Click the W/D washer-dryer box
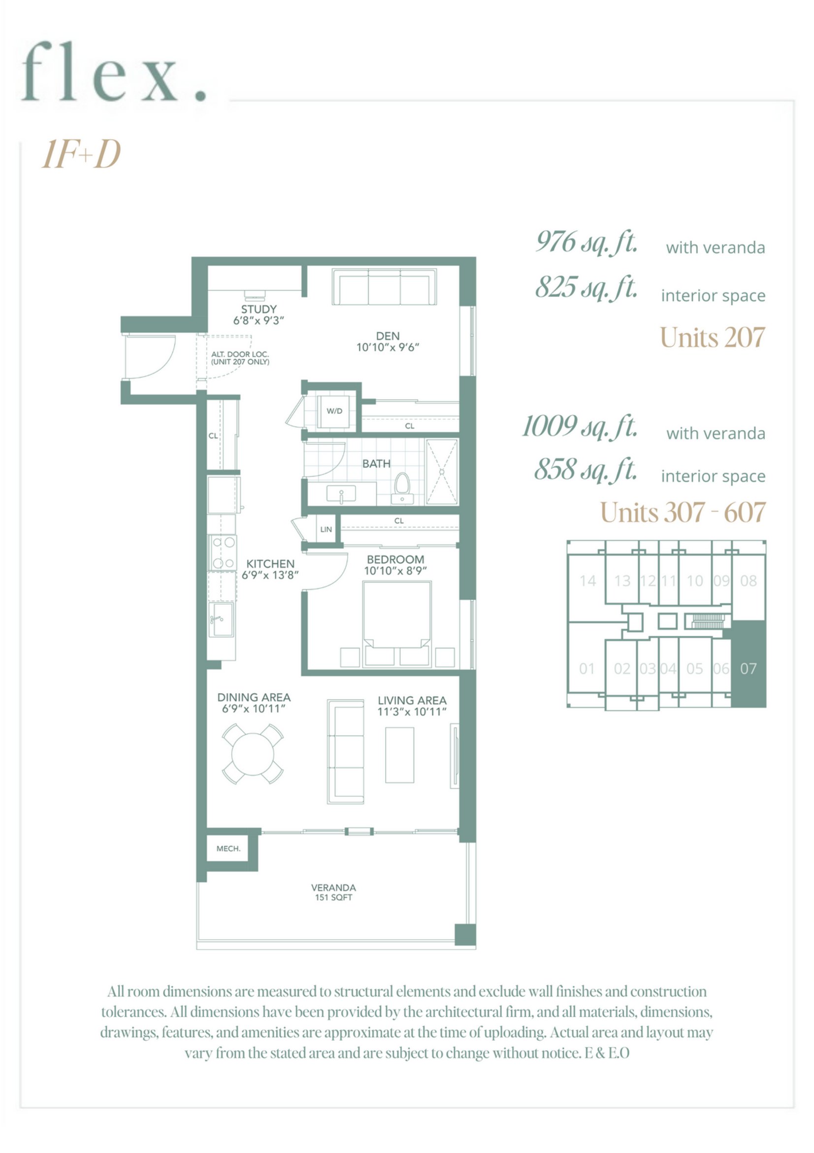tap(335, 411)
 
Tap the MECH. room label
tap(228, 848)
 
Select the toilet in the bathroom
tap(402, 485)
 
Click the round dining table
tap(253, 754)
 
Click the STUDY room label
tap(259, 309)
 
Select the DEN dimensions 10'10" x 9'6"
tap(388, 347)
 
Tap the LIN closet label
tap(326, 529)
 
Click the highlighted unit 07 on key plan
tap(748, 669)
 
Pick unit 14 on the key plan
tap(587, 581)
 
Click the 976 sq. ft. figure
tap(586, 242)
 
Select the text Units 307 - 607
tap(683, 512)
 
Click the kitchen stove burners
tap(223, 552)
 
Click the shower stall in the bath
tap(442, 472)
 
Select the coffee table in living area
tap(399, 755)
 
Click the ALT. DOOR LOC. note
tap(240, 358)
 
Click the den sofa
tap(384, 287)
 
